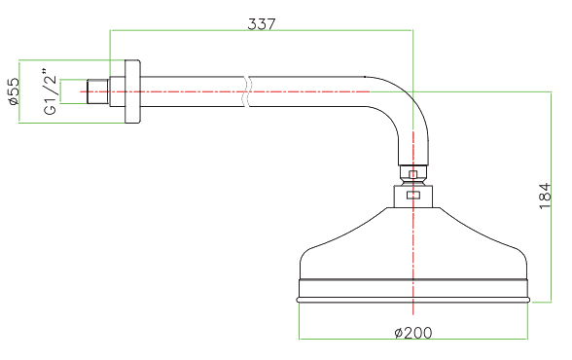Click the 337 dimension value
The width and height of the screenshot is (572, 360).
point(262,24)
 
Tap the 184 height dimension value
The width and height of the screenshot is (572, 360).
point(545,196)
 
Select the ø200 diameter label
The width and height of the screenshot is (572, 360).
point(413,333)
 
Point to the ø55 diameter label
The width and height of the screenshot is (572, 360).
point(14,91)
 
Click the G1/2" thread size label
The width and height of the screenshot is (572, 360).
point(51,91)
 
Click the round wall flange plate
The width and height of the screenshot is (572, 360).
point(132,91)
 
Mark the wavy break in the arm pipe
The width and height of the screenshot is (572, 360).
point(247,91)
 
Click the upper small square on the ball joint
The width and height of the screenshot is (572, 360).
point(412,174)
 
